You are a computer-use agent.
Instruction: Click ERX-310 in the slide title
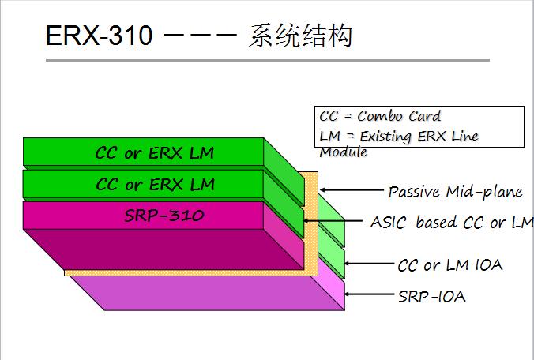pyautogui.click(x=99, y=36)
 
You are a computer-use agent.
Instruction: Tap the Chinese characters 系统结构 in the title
pyautogui.click(x=300, y=36)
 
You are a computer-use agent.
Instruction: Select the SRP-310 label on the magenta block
pyautogui.click(x=164, y=216)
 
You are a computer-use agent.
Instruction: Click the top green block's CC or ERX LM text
pyautogui.click(x=155, y=153)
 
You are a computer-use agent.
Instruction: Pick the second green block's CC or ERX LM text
pyautogui.click(x=156, y=185)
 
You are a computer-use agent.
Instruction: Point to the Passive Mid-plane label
pyautogui.click(x=455, y=193)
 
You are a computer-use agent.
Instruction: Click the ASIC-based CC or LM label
pyautogui.click(x=453, y=223)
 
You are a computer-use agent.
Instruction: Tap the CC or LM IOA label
pyautogui.click(x=450, y=265)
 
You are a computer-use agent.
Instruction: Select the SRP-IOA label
pyautogui.click(x=432, y=296)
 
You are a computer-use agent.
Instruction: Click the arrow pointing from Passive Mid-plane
pyautogui.click(x=352, y=189)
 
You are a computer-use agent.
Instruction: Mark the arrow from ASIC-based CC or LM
pyautogui.click(x=333, y=221)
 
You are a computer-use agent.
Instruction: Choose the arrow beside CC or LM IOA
pyautogui.click(x=369, y=264)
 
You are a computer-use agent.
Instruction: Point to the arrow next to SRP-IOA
pyautogui.click(x=369, y=294)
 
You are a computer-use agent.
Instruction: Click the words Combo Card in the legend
pyautogui.click(x=399, y=116)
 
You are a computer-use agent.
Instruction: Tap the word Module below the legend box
pyautogui.click(x=344, y=152)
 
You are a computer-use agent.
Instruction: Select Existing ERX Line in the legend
pyautogui.click(x=419, y=136)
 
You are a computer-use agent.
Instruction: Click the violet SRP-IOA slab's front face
pyautogui.click(x=208, y=293)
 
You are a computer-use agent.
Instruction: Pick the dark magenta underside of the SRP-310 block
pyautogui.click(x=164, y=249)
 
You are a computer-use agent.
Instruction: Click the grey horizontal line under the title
pyautogui.click(x=268, y=60)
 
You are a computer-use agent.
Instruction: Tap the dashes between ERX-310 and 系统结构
pyautogui.click(x=201, y=35)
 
